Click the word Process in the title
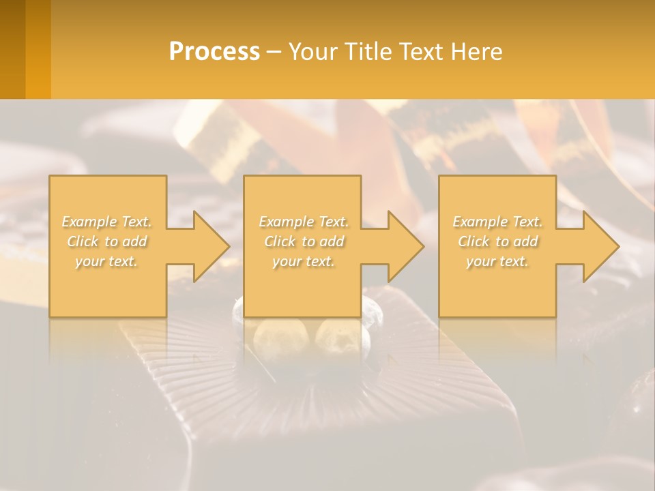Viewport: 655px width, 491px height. pyautogui.click(x=214, y=52)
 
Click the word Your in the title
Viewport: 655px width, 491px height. pyautogui.click(x=315, y=52)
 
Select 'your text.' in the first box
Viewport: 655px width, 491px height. pyautogui.click(x=107, y=261)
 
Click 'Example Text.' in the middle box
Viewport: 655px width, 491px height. pyautogui.click(x=304, y=222)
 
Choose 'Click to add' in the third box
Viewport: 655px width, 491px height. pyautogui.click(x=497, y=241)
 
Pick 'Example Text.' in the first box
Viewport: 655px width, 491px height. pyautogui.click(x=107, y=222)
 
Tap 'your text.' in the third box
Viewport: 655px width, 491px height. pyautogui.click(x=497, y=261)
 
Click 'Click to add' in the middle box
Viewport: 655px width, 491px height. pyautogui.click(x=304, y=241)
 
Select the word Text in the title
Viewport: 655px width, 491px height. pyautogui.click(x=422, y=52)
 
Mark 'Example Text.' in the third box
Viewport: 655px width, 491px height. pyautogui.click(x=497, y=222)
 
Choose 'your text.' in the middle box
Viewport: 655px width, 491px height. pyautogui.click(x=304, y=261)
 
